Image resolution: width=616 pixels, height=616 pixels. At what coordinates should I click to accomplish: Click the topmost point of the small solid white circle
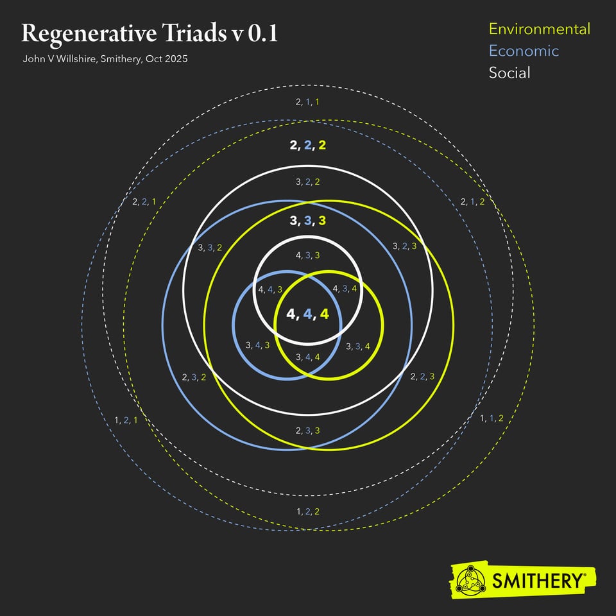(x=308, y=237)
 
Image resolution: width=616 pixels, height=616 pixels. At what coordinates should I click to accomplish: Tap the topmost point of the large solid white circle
(x=309, y=167)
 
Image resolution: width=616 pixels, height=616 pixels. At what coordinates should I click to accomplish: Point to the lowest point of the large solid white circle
(x=309, y=415)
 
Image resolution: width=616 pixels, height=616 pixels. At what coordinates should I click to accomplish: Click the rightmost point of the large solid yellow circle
(x=454, y=325)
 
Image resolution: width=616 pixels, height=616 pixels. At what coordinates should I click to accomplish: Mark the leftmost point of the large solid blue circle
(x=162, y=325)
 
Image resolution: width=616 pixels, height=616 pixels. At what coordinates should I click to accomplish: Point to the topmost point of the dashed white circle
(x=309, y=85)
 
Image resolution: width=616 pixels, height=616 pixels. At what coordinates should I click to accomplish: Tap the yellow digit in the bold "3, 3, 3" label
(x=322, y=220)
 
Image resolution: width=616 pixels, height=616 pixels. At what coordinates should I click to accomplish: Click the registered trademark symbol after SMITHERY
(x=585, y=575)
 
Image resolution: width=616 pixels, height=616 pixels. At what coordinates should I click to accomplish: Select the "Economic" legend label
(x=524, y=51)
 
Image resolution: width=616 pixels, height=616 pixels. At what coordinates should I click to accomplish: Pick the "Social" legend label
(x=509, y=73)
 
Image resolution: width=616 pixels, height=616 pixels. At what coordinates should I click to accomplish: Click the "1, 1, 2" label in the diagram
(x=492, y=418)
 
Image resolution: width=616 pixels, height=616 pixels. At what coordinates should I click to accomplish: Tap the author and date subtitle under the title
(x=105, y=59)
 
